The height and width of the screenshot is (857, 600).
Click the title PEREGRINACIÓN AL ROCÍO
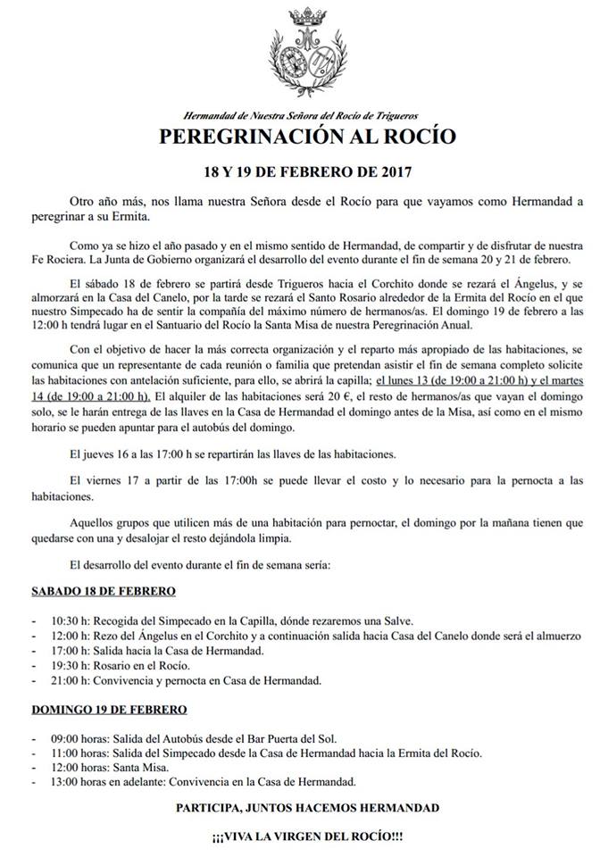307,137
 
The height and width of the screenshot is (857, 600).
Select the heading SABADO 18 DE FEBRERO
104,591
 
